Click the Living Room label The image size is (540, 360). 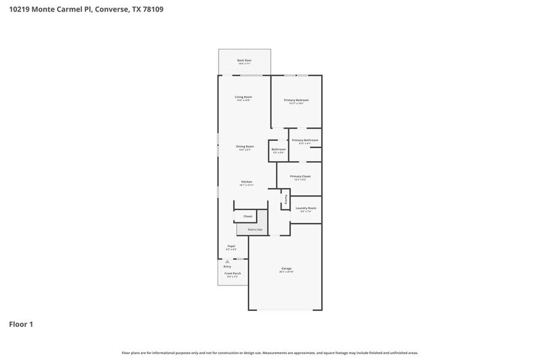point(244,97)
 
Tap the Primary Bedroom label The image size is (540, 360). point(296,100)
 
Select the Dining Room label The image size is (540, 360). point(244,146)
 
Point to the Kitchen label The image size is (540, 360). point(246,182)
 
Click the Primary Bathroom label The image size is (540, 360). point(305,140)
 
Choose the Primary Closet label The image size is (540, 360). point(300,176)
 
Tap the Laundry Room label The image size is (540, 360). point(306,208)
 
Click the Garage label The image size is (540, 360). point(286,269)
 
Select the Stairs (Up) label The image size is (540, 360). point(255,229)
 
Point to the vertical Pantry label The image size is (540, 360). point(285,199)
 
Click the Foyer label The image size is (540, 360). point(231,246)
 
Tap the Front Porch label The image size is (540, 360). point(232,273)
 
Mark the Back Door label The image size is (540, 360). point(244,60)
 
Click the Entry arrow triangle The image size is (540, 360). point(227,261)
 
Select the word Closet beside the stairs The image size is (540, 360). point(247,216)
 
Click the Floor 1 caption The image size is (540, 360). point(21,324)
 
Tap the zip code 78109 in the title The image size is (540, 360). point(151,10)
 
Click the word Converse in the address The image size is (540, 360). point(113,10)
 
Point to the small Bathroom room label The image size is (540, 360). point(279,149)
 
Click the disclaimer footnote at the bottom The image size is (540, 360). point(269,353)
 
